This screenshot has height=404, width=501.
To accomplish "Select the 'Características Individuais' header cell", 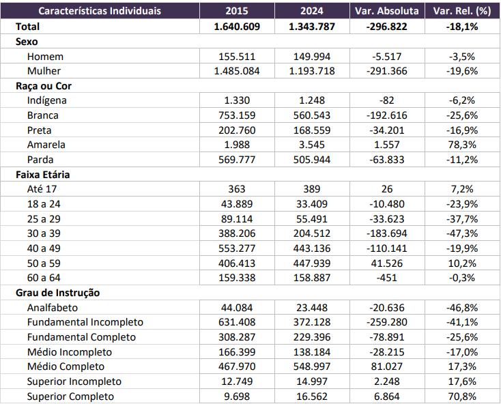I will click(100, 12).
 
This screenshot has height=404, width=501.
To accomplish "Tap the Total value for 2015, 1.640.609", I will click(236, 27).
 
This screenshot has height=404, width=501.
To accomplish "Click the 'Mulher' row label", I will click(44, 71).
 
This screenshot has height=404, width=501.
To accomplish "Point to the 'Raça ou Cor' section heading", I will click(44, 86).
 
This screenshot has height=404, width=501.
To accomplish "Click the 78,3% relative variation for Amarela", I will click(463, 145).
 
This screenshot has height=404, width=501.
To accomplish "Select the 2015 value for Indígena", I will click(237, 101).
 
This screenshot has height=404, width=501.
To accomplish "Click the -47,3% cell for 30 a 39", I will click(463, 233).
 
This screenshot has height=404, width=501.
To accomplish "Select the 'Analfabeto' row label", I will click(53, 307).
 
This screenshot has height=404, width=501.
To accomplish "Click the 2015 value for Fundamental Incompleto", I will click(236, 322).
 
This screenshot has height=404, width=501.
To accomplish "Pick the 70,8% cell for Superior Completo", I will click(463, 396).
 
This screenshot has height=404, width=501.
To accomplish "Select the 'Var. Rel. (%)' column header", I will click(463, 12).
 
